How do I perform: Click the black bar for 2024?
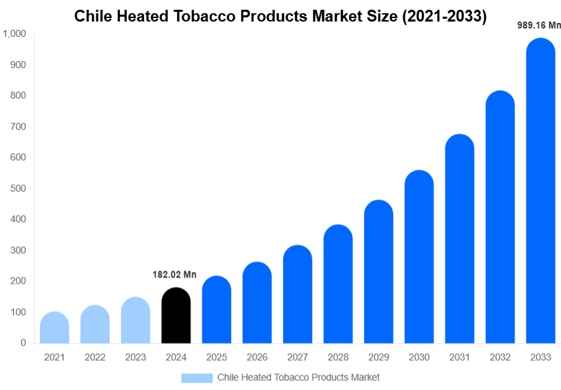(176, 316)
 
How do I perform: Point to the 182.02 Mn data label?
(175, 275)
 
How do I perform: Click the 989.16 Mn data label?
(540, 25)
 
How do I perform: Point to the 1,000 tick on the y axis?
(15, 34)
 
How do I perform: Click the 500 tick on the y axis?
(18, 189)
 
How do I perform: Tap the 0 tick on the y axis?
(24, 343)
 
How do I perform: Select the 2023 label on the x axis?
(135, 357)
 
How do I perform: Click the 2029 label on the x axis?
(378, 357)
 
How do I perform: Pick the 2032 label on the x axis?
(499, 357)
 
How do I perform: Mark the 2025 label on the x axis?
(216, 357)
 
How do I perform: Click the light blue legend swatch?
(197, 378)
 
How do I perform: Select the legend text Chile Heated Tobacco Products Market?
(299, 378)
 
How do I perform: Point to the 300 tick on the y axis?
(18, 251)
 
